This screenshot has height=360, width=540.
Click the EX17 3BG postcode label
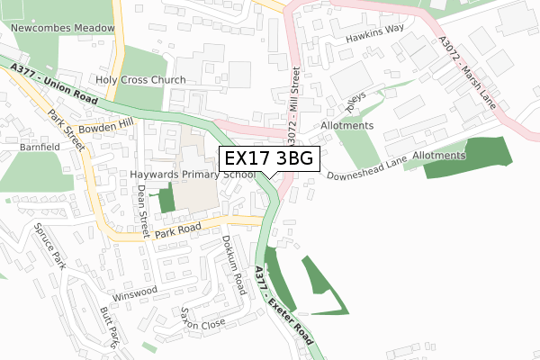tap(269, 158)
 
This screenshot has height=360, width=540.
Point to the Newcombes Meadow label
tap(63, 28)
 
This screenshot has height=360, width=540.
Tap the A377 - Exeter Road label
tap(283, 306)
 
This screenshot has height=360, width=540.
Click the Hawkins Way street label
tap(376, 40)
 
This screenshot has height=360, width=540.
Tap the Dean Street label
tap(142, 203)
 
